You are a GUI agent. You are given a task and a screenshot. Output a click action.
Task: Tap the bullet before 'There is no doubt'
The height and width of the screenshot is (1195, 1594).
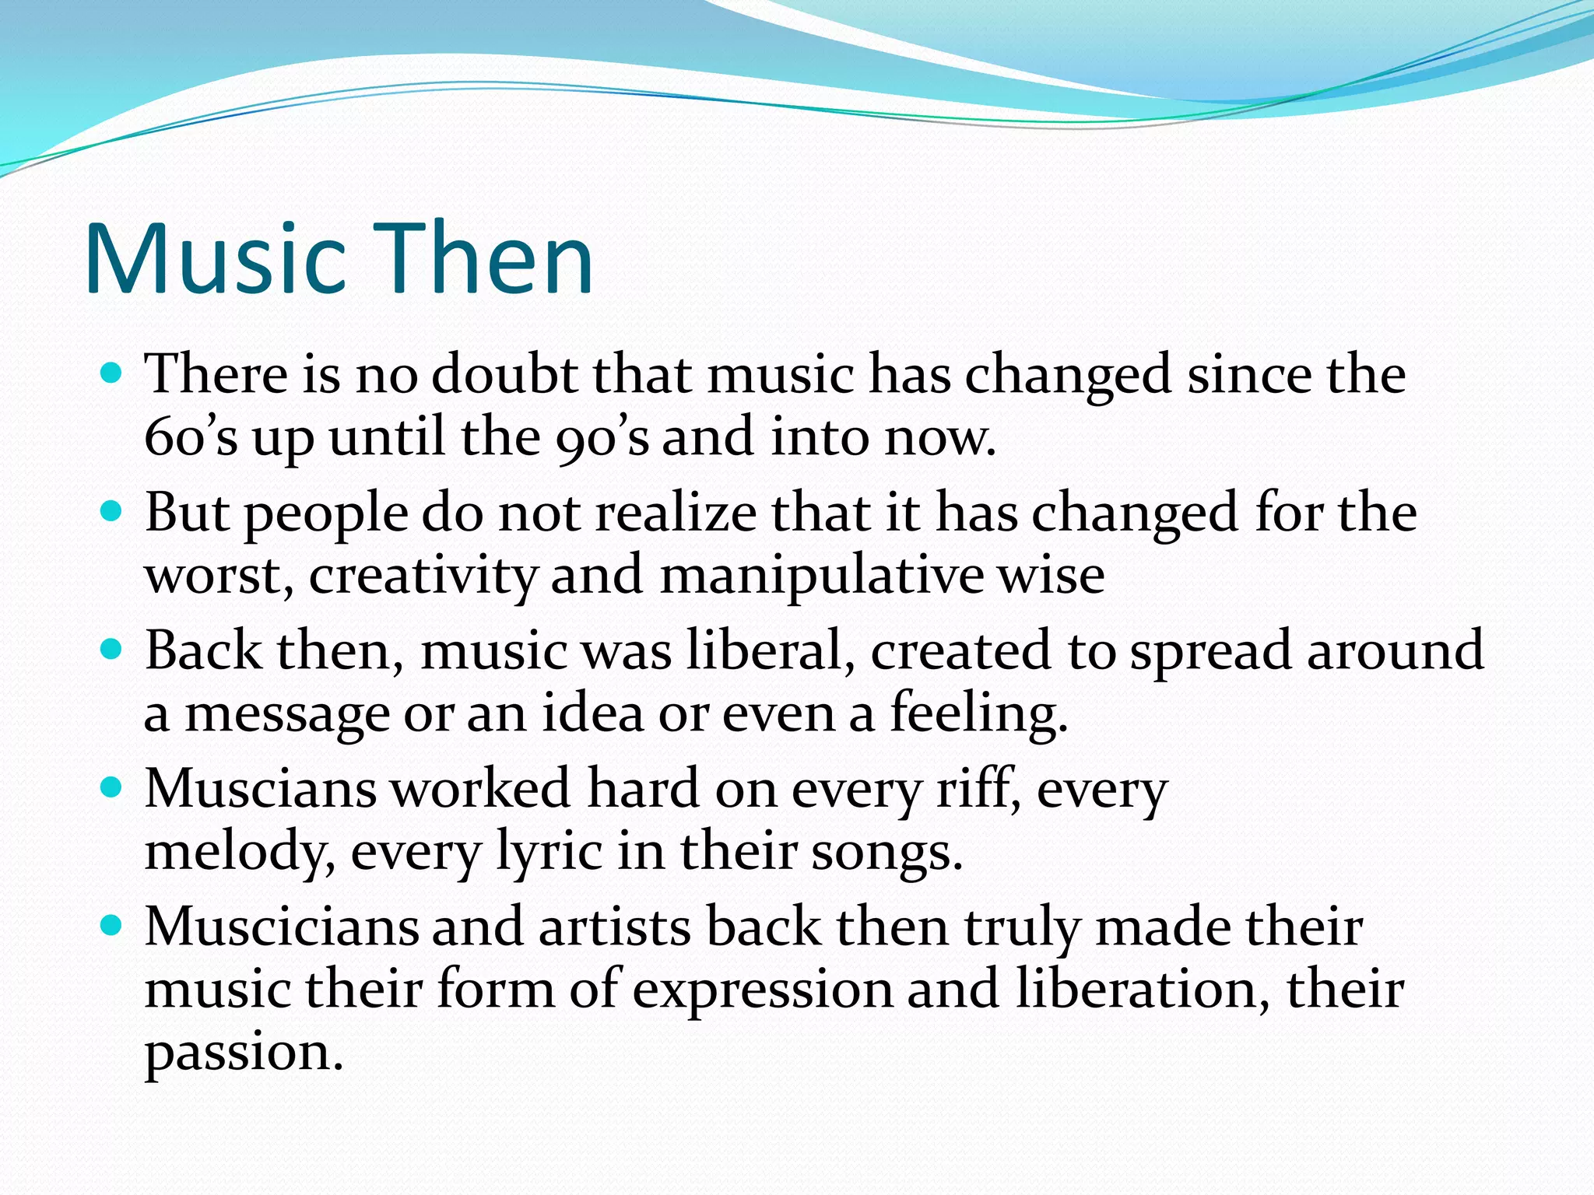pos(113,373)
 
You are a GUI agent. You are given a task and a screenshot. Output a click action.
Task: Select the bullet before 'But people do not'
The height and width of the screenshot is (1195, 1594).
pos(113,512)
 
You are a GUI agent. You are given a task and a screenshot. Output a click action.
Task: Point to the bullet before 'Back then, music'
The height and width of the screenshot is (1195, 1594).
pos(113,650)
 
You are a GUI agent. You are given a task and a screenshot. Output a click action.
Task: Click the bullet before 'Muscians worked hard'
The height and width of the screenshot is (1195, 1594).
pos(113,788)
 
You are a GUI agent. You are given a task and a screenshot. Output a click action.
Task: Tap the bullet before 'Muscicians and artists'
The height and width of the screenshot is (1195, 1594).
pos(113,926)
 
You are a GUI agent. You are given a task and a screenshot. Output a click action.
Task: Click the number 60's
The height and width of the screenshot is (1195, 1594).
pos(191,437)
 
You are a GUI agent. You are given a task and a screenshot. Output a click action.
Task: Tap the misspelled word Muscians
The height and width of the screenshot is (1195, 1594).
pos(261,789)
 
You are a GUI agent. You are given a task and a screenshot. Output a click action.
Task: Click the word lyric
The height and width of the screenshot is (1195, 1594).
pos(549,853)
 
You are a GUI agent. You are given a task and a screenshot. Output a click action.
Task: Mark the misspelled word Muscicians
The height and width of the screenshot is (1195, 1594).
pos(282,927)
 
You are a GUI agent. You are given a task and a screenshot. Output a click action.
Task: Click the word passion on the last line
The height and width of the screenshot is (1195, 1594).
pos(243,1053)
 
